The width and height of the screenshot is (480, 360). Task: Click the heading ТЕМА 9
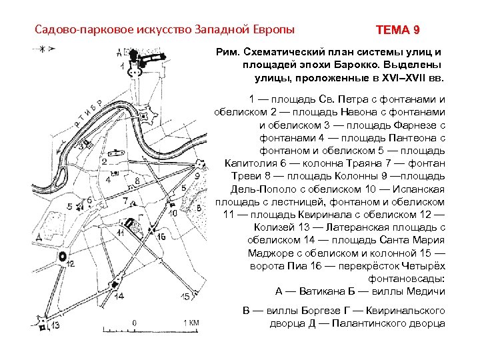[x=397, y=30]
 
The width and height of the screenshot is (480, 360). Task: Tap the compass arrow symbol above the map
[x=41, y=49]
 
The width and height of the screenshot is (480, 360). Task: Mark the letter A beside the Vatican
[x=118, y=52]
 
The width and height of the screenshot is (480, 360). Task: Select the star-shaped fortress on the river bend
[x=148, y=118]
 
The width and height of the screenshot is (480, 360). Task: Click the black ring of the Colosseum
[x=63, y=256]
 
